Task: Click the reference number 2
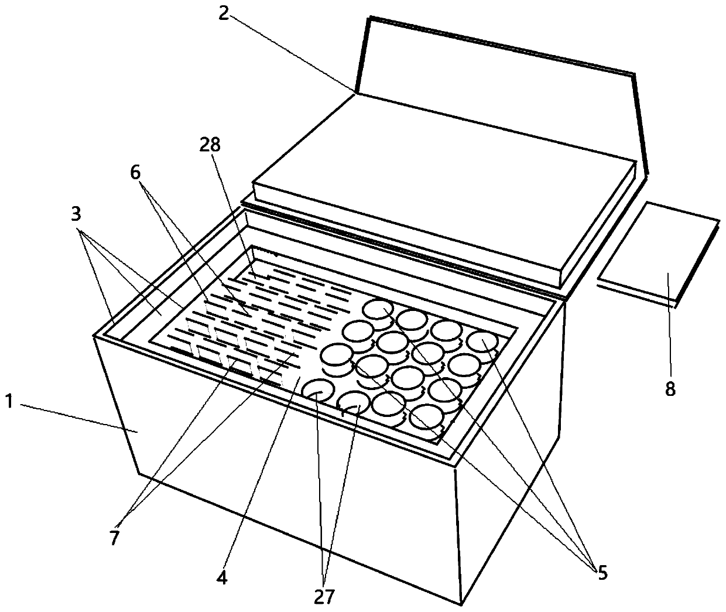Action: (x=223, y=14)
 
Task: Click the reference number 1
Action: (x=9, y=402)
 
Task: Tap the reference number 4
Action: (x=222, y=577)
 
